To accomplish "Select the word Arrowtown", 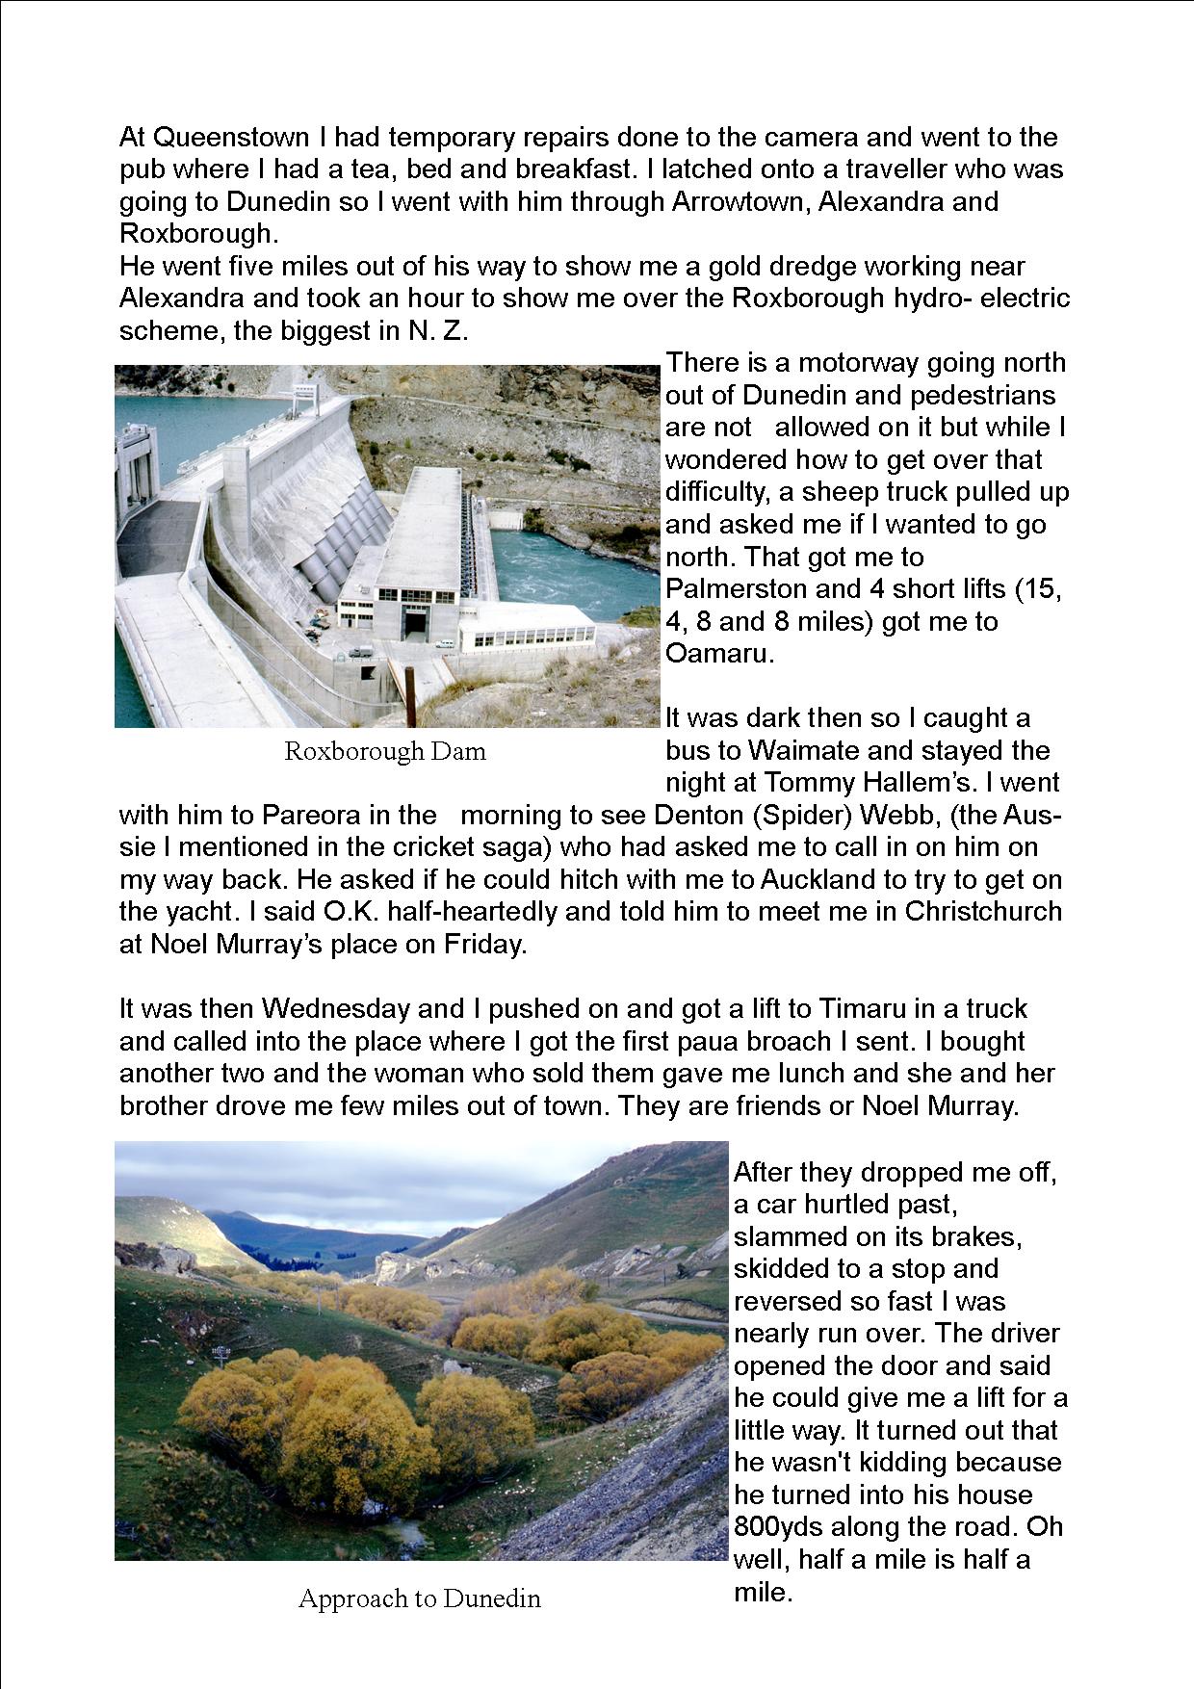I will [x=740, y=202].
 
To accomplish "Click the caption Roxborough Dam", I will [x=385, y=752].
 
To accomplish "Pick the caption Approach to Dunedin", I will [x=420, y=1598].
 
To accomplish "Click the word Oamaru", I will [x=716, y=654].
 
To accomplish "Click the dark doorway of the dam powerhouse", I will [x=415, y=623].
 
